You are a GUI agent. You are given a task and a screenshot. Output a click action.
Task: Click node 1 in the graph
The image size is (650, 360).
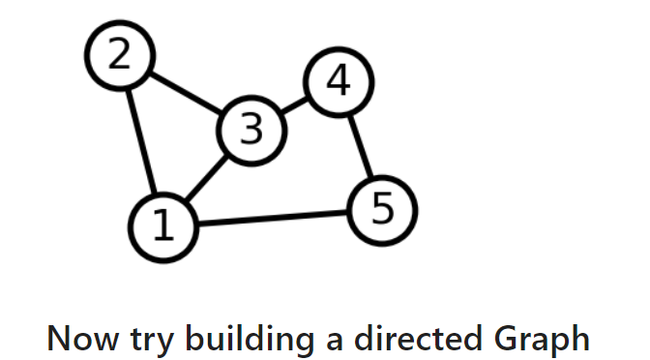[162, 226]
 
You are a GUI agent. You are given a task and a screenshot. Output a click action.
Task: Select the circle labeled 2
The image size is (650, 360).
[119, 56]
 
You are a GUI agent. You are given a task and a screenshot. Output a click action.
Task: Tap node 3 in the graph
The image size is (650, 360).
[252, 129]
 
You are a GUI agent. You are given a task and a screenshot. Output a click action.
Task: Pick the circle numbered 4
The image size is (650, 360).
[338, 83]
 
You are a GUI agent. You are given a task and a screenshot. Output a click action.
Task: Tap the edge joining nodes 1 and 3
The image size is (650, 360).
[207, 178]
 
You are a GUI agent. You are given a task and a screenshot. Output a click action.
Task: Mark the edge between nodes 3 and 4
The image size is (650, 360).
[295, 106]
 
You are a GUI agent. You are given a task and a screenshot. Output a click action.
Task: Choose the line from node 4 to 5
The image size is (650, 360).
[360, 146]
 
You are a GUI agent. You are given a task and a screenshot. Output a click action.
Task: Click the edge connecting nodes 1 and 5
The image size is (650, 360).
[273, 219]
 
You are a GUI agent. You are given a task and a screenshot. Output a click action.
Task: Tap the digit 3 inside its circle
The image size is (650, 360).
[252, 129]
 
